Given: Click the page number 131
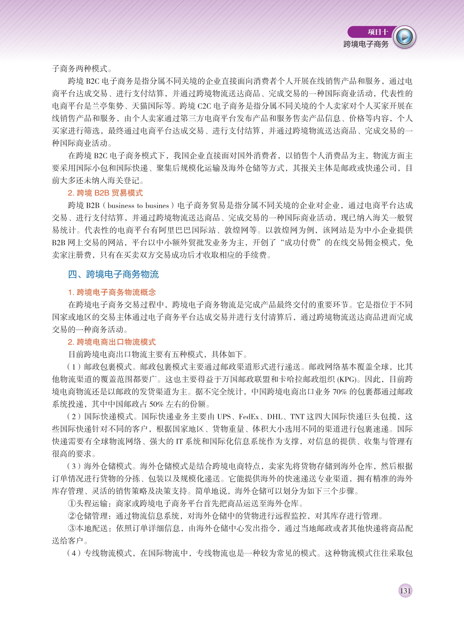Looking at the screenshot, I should pyautogui.click(x=405, y=590).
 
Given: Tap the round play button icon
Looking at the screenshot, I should pyautogui.click(x=405, y=37).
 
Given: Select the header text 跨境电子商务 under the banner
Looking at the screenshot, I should pyautogui.click(x=366, y=44).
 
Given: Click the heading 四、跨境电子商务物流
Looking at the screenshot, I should pyautogui.click(x=113, y=274).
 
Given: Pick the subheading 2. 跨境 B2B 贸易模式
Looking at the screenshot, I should pyautogui.click(x=105, y=193).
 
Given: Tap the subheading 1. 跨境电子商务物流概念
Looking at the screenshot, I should pyautogui.click(x=112, y=292).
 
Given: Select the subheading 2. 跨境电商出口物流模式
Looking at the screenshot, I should pyautogui.click(x=112, y=342).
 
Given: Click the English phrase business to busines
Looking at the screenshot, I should pyautogui.click(x=138, y=206).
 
